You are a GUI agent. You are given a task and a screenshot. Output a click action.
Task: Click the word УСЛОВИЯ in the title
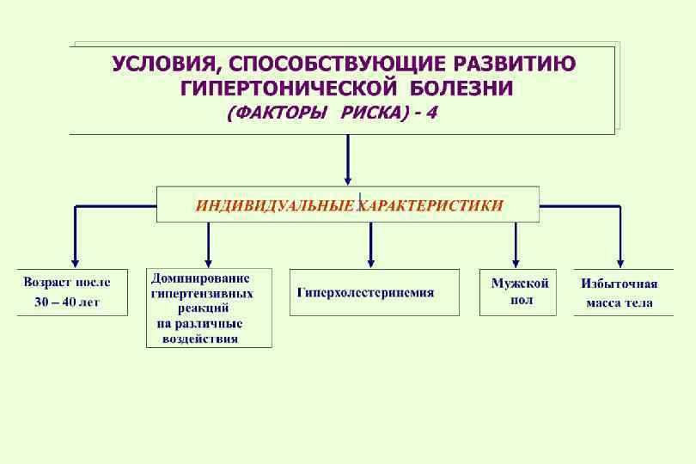163,65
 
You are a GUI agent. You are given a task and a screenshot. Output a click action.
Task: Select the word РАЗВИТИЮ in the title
516,65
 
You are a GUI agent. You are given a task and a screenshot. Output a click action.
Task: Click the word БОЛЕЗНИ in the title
461,89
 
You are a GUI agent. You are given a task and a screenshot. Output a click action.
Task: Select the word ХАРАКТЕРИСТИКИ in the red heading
430,205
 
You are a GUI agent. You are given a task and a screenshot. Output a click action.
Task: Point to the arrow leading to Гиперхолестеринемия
370,245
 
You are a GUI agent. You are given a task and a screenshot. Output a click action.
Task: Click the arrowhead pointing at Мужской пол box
516,261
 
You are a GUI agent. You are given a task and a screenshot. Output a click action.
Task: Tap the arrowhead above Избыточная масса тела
620,261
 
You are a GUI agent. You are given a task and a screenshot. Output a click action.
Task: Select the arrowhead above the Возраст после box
76,261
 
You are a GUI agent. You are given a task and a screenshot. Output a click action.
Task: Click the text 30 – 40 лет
67,302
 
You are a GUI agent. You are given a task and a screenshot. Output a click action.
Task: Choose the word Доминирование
201,278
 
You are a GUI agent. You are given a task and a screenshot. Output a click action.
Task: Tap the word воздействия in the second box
200,339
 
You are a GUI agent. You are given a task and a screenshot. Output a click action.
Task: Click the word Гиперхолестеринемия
365,293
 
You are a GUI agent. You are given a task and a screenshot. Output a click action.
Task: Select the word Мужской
519,283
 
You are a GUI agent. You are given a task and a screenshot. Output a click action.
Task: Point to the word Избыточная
620,284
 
